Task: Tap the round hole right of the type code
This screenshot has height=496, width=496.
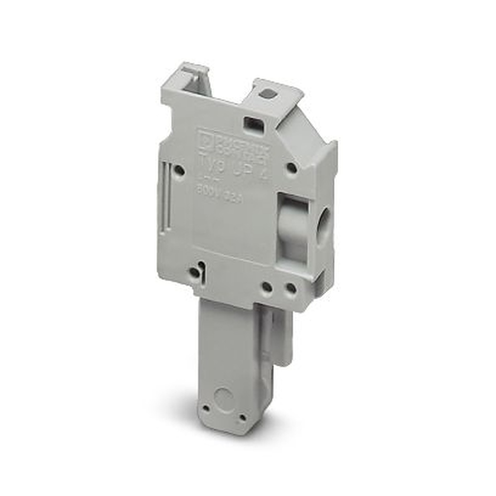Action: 292,168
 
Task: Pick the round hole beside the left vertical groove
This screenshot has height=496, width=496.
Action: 180,171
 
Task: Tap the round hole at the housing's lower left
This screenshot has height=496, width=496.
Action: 195,272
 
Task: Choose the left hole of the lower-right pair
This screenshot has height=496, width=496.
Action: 267,287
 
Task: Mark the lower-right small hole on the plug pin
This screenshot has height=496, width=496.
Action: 242,418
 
